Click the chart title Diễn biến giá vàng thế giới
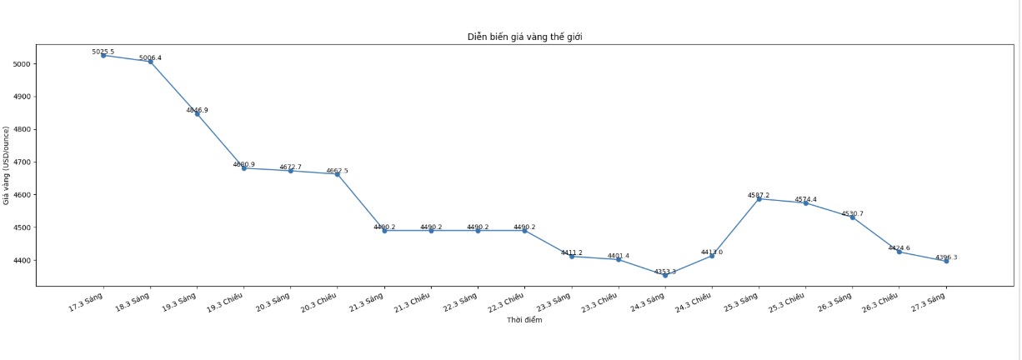(x=524, y=37)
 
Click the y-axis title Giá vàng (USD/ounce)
(x=7, y=165)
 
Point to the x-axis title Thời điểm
(x=524, y=321)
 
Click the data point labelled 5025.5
(x=103, y=56)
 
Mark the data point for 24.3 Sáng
(x=665, y=275)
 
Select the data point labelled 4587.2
(x=759, y=199)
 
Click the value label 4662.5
(x=337, y=171)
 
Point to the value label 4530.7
(x=852, y=214)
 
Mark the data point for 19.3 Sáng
(x=197, y=114)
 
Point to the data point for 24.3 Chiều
(x=712, y=256)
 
